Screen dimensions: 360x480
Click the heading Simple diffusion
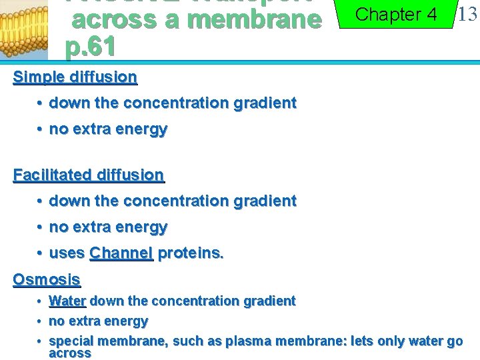(75, 77)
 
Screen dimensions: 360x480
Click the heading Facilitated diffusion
(88, 175)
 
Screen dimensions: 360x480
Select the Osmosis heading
(47, 279)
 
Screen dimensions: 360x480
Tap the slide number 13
(467, 14)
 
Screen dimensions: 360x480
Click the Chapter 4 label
(397, 15)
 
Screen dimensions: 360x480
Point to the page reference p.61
(91, 47)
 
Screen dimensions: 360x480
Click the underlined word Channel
(121, 253)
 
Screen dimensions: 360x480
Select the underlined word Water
(67, 301)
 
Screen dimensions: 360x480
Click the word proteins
(191, 253)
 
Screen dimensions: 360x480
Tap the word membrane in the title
(253, 20)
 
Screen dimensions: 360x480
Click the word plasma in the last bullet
(247, 341)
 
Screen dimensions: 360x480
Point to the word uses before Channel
(67, 253)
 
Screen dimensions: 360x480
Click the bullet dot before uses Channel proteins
(40, 253)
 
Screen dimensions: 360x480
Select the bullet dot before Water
(40, 301)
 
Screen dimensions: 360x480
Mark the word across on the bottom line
(69, 353)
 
